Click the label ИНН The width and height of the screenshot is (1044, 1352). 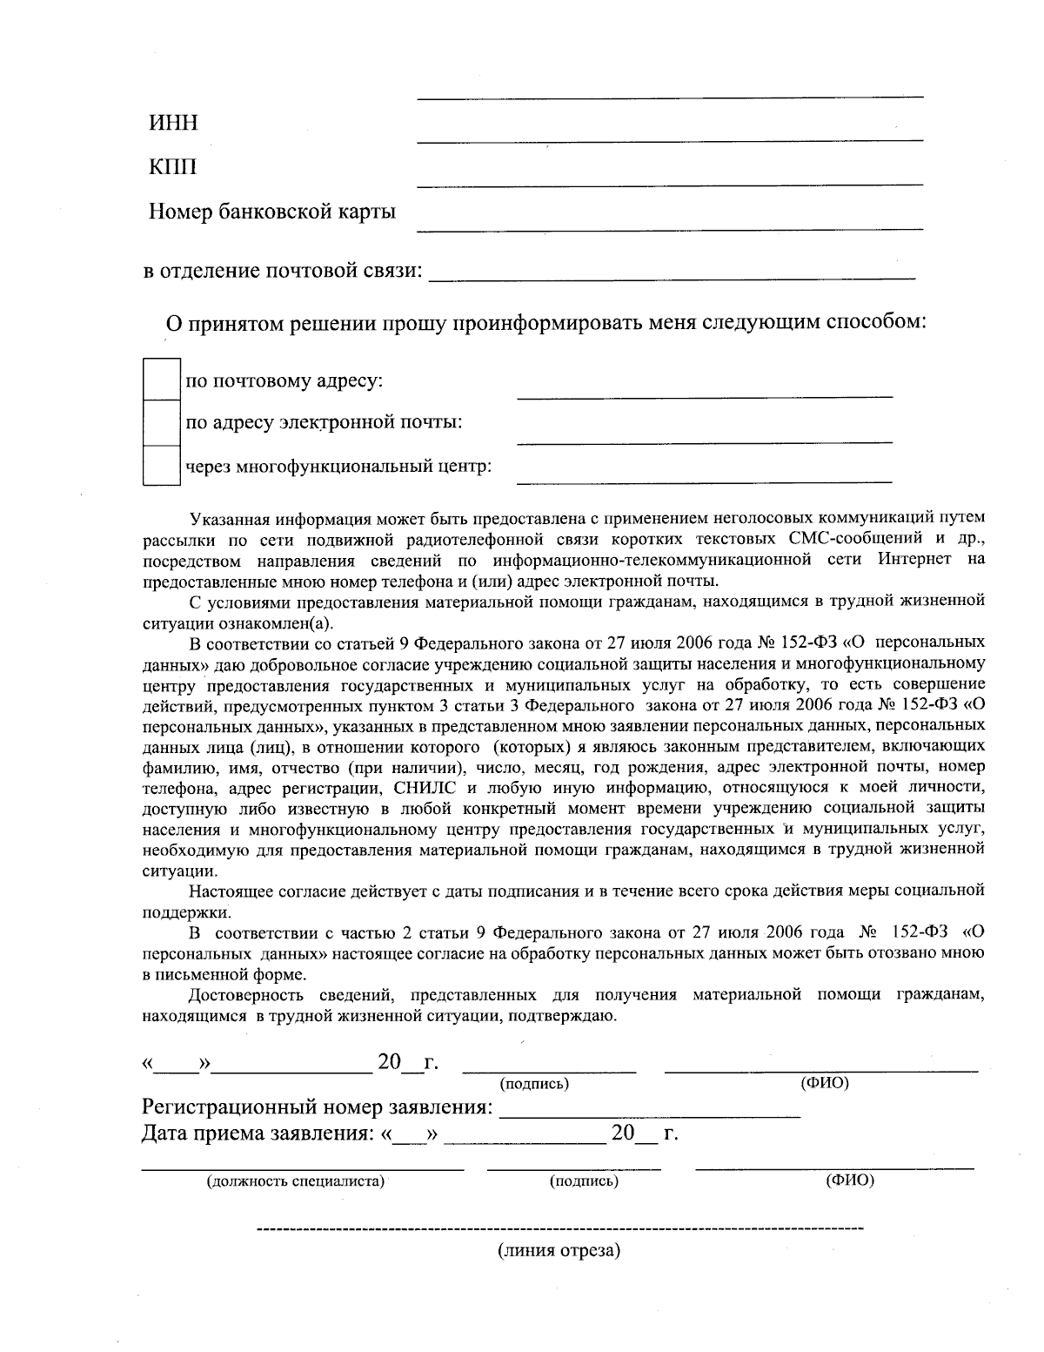pyautogui.click(x=173, y=123)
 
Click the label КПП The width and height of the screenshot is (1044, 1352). pyautogui.click(x=173, y=166)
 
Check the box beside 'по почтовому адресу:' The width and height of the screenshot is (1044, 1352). pyautogui.click(x=161, y=380)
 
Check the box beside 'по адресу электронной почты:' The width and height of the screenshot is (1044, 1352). pyautogui.click(x=161, y=423)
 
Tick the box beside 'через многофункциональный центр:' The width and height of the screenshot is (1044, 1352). pyautogui.click(x=161, y=466)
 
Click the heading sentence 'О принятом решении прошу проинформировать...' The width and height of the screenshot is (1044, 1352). pyautogui.click(x=546, y=323)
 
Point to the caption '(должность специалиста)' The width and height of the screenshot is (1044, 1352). pyautogui.click(x=296, y=1181)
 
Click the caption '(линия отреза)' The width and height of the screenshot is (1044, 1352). pyautogui.click(x=559, y=1252)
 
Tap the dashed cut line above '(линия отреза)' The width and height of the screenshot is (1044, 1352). pyautogui.click(x=560, y=1229)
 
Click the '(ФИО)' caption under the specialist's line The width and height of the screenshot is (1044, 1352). pyautogui.click(x=850, y=1180)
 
